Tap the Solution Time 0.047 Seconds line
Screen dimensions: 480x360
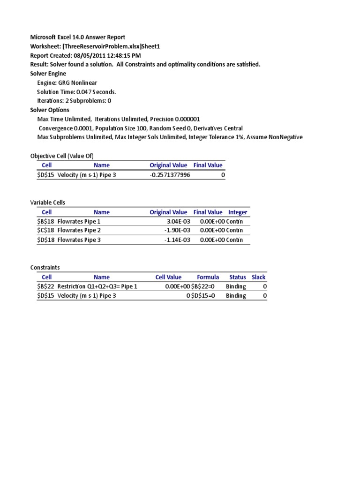[x=76, y=91]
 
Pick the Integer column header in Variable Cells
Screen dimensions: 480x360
[x=238, y=212]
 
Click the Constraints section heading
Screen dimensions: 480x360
[x=45, y=267]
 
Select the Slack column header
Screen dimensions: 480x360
[x=258, y=277]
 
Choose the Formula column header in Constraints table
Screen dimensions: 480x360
[x=208, y=277]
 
